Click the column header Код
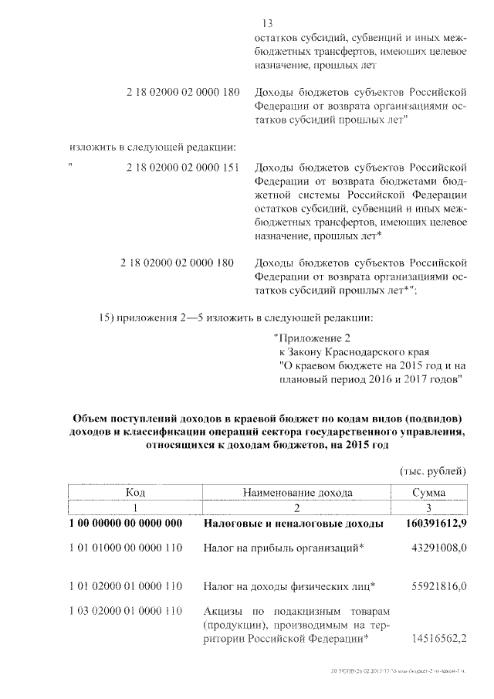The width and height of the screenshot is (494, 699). (136, 492)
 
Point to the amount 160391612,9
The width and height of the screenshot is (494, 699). (436, 524)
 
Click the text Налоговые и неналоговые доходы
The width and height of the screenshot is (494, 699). (294, 524)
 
